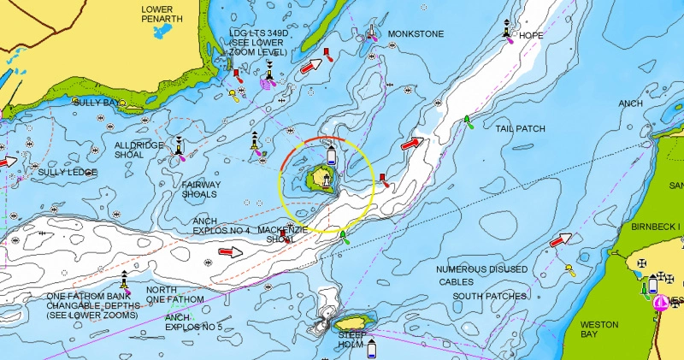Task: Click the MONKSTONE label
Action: [x=416, y=34]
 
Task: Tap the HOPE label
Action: [x=531, y=36]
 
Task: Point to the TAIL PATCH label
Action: [x=520, y=128]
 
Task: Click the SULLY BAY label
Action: [x=97, y=103]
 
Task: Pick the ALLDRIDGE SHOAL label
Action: [x=140, y=150]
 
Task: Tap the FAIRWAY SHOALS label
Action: [x=201, y=189]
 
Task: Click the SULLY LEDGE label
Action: [x=68, y=173]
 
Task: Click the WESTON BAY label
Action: [x=599, y=330]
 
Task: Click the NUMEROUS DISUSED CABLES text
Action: [x=482, y=275]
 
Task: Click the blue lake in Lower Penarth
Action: [x=160, y=32]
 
